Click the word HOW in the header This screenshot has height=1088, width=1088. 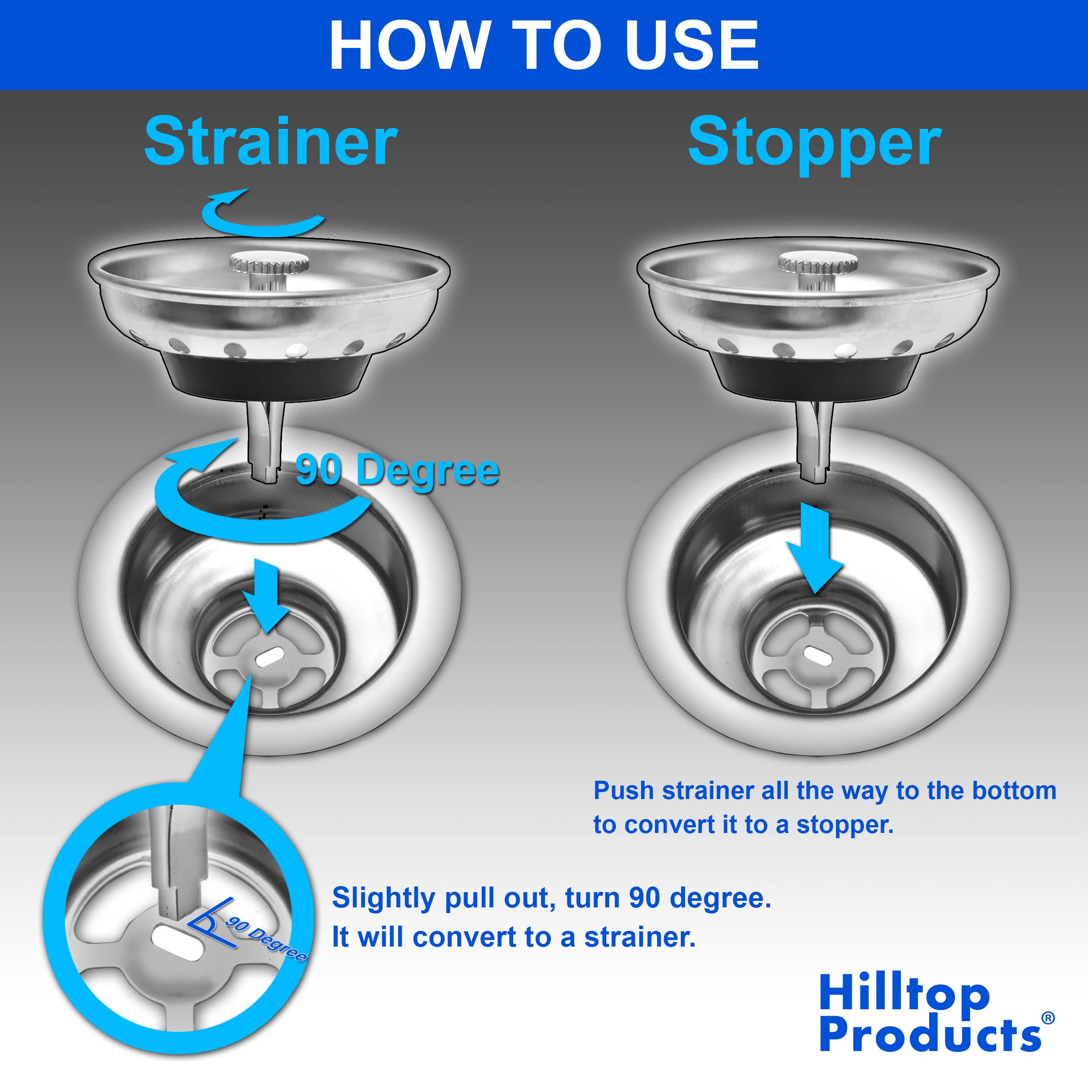coord(409,45)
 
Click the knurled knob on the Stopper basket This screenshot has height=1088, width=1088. coord(818,263)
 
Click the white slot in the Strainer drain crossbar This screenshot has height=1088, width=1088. coord(270,658)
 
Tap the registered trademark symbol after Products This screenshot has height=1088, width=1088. coord(1048,1017)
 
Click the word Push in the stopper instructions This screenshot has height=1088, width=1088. coord(624,791)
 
